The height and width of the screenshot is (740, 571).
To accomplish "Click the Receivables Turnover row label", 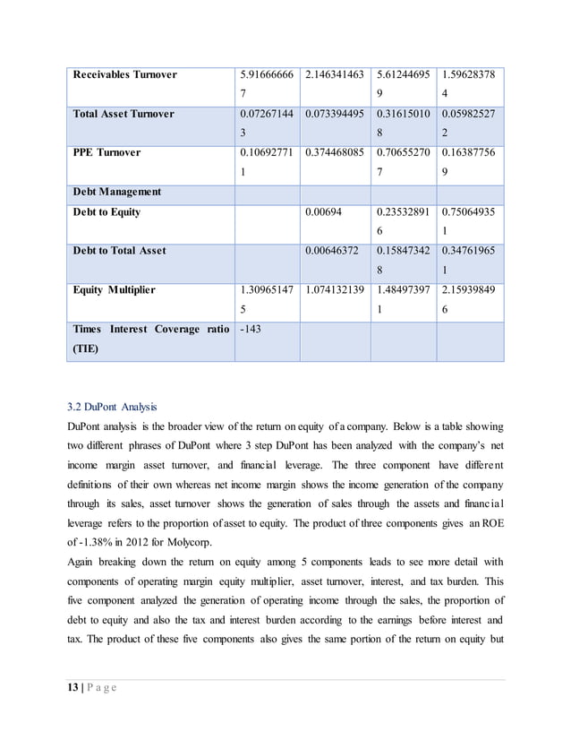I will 124,74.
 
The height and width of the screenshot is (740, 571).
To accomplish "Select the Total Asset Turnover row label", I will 124,115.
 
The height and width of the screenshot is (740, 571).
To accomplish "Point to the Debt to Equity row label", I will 107,212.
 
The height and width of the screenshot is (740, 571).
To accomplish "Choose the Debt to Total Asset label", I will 119,251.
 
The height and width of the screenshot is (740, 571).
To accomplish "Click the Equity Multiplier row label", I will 115,289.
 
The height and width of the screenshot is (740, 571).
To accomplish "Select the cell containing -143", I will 252,329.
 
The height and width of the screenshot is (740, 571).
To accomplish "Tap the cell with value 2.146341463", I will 335,75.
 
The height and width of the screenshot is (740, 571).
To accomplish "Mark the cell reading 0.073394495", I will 335,115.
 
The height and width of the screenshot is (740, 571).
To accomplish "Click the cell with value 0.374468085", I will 335,153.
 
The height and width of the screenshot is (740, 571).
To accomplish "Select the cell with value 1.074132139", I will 335,290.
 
